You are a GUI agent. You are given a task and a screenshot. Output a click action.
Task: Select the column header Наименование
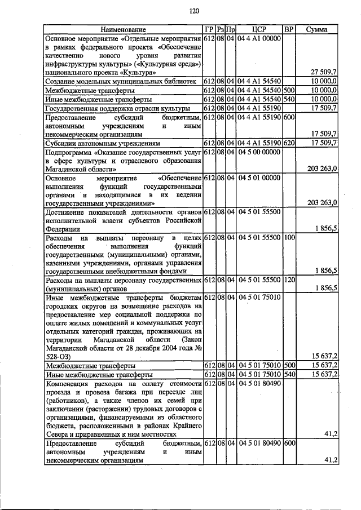click(124, 29)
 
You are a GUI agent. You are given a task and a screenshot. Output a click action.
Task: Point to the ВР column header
click(289, 29)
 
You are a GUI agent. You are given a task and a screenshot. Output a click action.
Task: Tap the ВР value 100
click(289, 237)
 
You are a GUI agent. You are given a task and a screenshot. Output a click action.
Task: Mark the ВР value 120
click(289, 279)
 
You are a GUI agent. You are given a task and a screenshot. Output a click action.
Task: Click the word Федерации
click(63, 228)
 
